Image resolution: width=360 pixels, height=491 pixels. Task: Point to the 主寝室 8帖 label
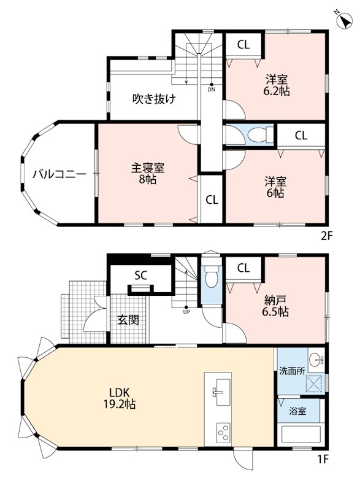point(147,174)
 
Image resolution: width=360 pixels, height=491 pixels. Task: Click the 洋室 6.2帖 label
point(277,85)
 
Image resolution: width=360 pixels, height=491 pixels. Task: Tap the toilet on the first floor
point(212,277)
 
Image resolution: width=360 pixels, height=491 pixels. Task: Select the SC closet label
point(140,275)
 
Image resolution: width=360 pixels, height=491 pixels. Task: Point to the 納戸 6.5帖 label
point(277,306)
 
